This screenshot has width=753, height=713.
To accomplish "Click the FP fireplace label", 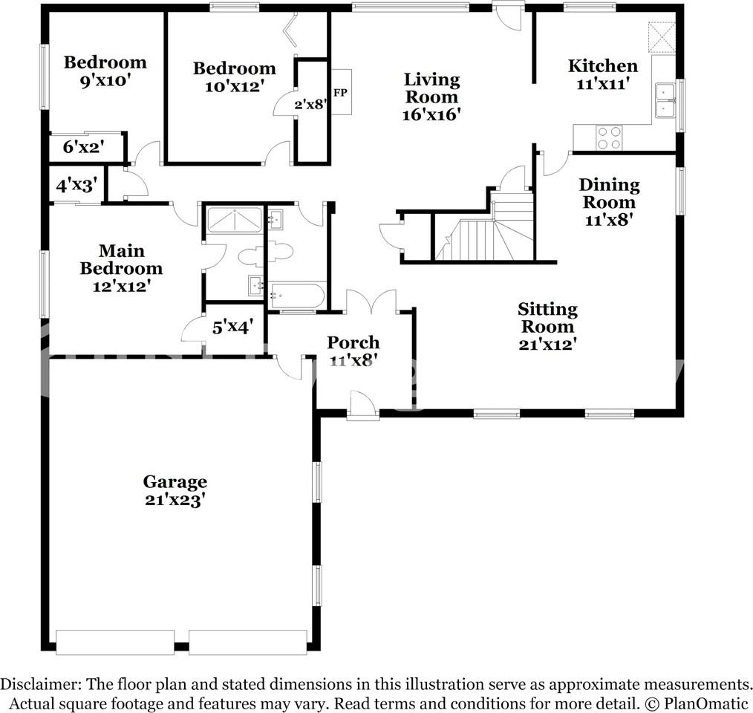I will [x=341, y=93].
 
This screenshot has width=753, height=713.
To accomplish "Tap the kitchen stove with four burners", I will [x=610, y=137].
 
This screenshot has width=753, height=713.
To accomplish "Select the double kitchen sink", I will [x=664, y=101].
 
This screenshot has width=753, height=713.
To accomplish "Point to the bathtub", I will [x=296, y=296].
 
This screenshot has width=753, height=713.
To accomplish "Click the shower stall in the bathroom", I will [x=234, y=221].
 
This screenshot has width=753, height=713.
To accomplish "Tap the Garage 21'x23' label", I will [x=175, y=491].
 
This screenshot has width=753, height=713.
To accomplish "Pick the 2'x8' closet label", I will [x=310, y=104].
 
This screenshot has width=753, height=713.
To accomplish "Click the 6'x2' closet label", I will [x=82, y=147].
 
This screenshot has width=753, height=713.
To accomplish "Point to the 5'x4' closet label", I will [x=233, y=325].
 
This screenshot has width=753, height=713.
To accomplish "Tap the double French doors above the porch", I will [x=371, y=302].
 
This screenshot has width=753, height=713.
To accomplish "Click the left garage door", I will [x=115, y=642].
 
